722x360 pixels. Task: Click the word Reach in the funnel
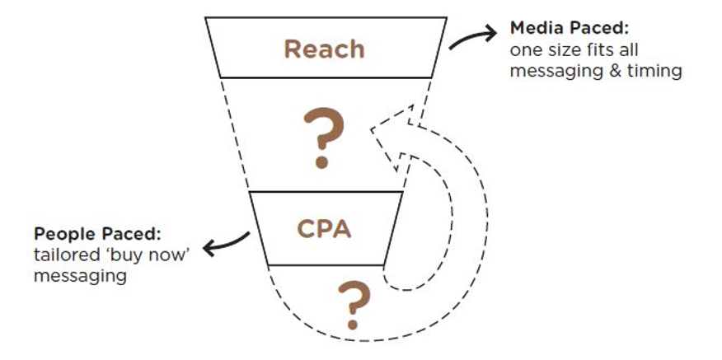coord(324,49)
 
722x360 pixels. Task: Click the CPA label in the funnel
coord(324,227)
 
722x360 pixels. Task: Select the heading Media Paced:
coord(570,30)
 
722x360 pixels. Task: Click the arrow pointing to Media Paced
coord(473,36)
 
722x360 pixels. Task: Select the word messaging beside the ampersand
coord(552,72)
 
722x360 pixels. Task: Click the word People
coord(60,233)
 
